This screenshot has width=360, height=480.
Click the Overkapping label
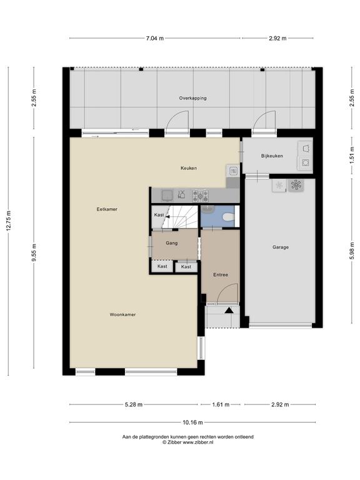192,98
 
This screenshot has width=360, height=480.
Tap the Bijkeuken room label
272,156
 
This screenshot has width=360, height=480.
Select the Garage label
281,247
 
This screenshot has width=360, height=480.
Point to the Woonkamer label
122,314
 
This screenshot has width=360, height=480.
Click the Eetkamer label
107,209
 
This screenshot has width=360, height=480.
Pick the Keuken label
189,168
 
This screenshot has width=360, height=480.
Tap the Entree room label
221,275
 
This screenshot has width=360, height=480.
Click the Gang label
171,243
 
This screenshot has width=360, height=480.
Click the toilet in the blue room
228,217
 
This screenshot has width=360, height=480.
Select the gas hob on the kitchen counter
201,196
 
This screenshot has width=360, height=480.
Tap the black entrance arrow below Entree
229,311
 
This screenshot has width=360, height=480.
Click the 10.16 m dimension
192,422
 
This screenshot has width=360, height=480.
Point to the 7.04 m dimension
154,38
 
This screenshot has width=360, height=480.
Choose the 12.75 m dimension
9,221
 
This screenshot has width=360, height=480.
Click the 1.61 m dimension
221,405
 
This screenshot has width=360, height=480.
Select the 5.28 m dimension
134,405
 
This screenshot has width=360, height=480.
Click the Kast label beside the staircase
159,215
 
